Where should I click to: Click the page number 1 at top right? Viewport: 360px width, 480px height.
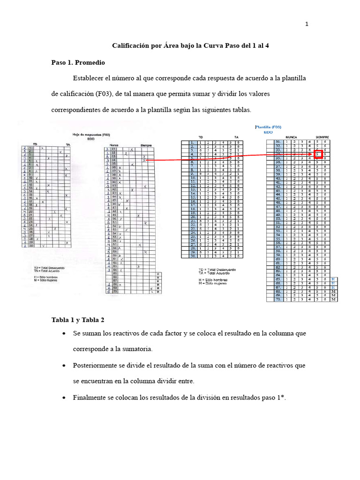[x=307, y=25]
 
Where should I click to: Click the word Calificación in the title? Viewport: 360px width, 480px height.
[x=131, y=46]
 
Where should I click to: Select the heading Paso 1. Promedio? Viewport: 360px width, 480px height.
[x=78, y=62]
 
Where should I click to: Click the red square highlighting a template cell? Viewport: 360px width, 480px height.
[x=319, y=154]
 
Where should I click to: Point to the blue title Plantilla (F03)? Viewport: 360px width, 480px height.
[x=268, y=127]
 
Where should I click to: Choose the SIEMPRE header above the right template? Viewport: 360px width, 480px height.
[x=322, y=137]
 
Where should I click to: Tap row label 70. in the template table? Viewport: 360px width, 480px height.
[x=278, y=299]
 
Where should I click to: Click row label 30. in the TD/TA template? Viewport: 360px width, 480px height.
[x=192, y=256]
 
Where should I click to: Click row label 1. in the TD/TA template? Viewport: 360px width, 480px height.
[x=192, y=142]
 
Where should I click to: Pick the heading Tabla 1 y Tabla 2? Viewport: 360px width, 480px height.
[x=78, y=320]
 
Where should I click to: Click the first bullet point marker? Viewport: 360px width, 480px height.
[x=63, y=333]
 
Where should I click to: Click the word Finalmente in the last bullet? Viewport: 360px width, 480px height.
[x=90, y=397]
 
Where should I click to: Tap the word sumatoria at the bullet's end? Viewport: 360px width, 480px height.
[x=138, y=349]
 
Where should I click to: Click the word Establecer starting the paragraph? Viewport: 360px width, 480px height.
[x=90, y=78]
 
